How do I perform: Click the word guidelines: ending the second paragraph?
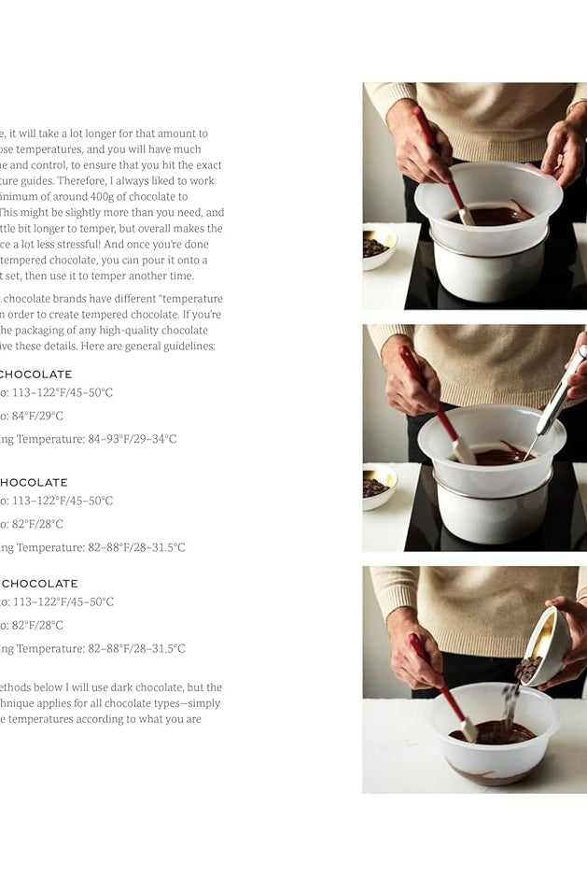pos(185,346)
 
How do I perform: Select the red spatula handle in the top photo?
pos(434,149)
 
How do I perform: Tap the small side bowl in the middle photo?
pos(377,486)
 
